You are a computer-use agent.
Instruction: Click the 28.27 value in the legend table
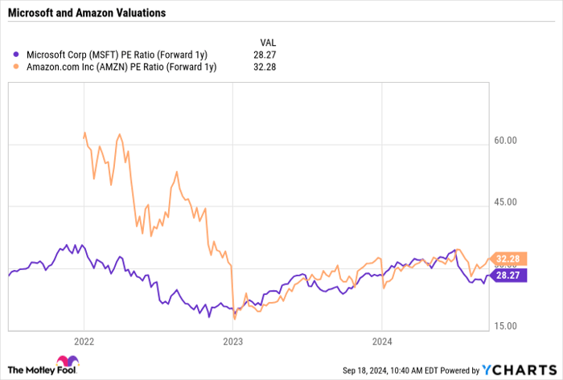coord(267,54)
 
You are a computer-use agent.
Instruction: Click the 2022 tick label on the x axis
coord(84,341)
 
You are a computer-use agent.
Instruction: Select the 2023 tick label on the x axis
coord(232,341)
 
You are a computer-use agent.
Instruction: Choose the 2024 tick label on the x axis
coord(381,341)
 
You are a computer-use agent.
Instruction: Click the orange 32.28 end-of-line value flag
coord(510,259)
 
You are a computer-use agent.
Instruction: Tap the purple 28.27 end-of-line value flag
coord(510,275)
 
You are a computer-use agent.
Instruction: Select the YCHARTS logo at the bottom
coord(522,369)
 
